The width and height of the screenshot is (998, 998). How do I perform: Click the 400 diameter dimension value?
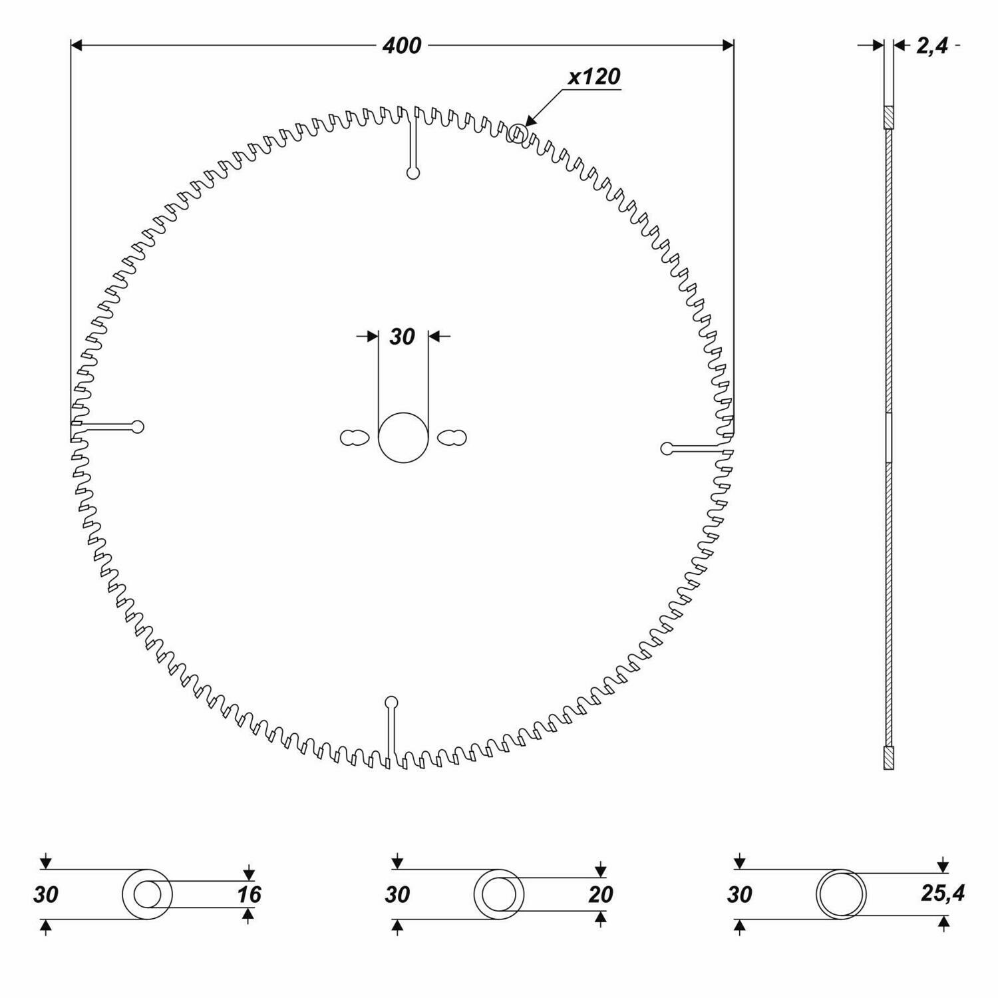tap(402, 45)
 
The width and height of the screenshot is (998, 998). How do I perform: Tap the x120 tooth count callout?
tap(593, 77)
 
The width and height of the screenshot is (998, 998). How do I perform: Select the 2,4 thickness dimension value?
tap(931, 46)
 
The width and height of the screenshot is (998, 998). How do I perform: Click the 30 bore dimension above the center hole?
tap(402, 337)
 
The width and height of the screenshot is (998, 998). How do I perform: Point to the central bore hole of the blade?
tap(403, 437)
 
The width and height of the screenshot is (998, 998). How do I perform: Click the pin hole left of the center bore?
tap(353, 438)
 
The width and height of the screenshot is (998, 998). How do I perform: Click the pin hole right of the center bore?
tap(452, 438)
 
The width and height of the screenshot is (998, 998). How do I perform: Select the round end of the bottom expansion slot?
tap(391, 701)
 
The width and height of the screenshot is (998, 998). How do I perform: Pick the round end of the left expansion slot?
tap(138, 426)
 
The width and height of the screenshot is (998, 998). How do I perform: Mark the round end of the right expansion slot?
tap(667, 448)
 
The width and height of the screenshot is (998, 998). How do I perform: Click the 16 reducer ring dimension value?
tap(249, 894)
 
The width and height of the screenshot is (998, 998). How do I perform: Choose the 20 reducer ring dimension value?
tap(600, 894)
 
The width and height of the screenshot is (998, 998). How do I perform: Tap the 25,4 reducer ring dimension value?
tap(943, 894)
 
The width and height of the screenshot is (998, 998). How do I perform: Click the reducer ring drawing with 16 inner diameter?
tap(147, 894)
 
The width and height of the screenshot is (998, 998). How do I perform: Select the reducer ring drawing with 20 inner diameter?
tap(498, 894)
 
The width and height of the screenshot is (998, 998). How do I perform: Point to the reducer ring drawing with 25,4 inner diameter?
tap(841, 894)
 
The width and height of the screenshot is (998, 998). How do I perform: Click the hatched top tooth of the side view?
tap(888, 117)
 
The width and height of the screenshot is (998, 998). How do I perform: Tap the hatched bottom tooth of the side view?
tap(888, 758)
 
